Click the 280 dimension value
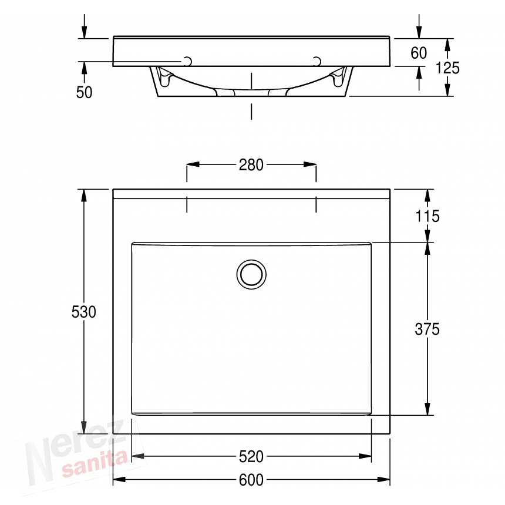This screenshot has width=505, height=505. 251,165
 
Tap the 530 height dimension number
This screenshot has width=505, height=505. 84,312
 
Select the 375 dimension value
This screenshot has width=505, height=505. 427,329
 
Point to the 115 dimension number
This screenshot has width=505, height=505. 427,216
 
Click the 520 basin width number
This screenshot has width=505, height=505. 251,456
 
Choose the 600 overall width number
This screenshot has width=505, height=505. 251,480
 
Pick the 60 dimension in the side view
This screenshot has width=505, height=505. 419,53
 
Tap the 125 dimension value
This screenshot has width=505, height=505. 447,68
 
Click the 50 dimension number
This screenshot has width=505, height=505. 84,92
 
